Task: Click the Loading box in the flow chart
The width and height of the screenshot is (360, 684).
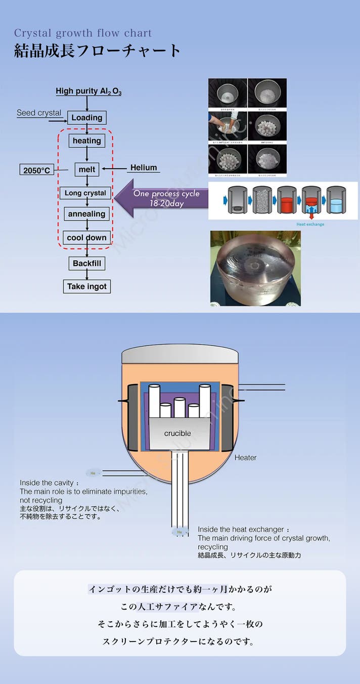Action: (x=86, y=118)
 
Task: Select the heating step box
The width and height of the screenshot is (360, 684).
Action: (x=86, y=141)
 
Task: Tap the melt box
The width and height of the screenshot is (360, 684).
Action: (x=87, y=169)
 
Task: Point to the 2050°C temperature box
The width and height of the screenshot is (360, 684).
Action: (x=36, y=170)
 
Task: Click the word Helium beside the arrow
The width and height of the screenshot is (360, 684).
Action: (x=144, y=167)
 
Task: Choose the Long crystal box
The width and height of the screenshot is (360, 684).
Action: (x=85, y=193)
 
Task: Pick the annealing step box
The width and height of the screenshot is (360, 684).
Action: (x=86, y=214)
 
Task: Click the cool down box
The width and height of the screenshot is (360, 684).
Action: (x=86, y=238)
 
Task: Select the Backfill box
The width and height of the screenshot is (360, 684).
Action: (x=86, y=263)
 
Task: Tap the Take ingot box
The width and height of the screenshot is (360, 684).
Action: (x=87, y=286)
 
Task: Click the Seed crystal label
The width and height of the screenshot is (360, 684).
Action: (x=39, y=113)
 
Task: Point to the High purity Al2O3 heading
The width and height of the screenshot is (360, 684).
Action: (x=88, y=92)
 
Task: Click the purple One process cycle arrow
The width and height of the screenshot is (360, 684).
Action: (x=162, y=198)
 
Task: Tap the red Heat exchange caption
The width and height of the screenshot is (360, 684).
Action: (x=310, y=224)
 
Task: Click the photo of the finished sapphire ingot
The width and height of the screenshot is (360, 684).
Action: (x=255, y=268)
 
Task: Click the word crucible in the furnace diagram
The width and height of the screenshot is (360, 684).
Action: (x=177, y=434)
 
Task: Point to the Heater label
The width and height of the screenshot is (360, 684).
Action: (x=245, y=458)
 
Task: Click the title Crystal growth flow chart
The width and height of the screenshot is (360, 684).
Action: (x=83, y=33)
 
